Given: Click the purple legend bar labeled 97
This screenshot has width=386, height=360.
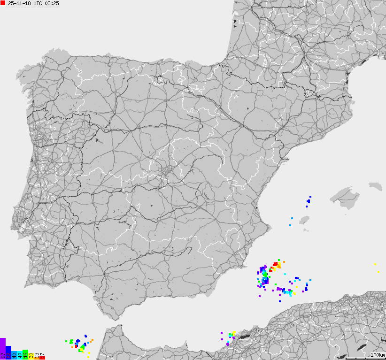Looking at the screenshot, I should [x=3, y=348].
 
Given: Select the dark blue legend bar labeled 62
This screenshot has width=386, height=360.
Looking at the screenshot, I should [x=8, y=352].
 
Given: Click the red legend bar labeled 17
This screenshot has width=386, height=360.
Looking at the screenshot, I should [x=42, y=357].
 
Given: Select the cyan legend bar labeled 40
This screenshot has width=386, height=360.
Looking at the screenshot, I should [x=20, y=355].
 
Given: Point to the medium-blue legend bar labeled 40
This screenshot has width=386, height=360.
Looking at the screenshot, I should [x=14, y=354].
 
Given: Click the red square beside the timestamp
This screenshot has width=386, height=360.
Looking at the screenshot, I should [x=3, y=3].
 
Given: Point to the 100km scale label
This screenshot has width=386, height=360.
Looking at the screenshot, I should [x=378, y=355].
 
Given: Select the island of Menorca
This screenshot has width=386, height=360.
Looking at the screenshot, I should [x=375, y=186].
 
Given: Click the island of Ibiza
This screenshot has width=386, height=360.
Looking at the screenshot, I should [x=306, y=220].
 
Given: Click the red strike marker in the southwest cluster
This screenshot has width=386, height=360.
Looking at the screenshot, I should [x=76, y=347].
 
